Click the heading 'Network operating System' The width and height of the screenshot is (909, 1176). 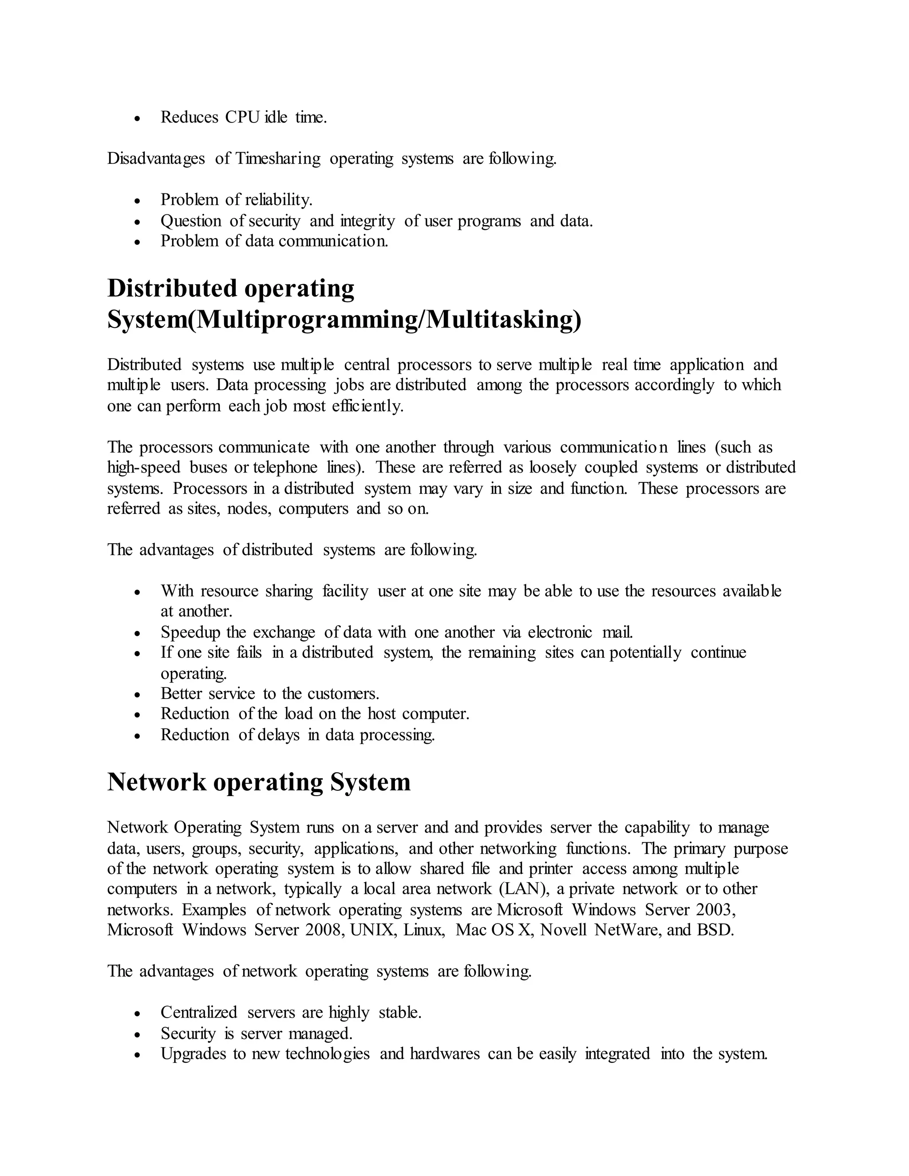258,782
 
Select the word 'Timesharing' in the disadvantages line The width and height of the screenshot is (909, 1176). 278,159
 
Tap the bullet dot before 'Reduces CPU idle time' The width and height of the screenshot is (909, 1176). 138,118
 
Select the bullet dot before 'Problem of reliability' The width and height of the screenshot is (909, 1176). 138,201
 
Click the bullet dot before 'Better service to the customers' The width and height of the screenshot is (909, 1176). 138,695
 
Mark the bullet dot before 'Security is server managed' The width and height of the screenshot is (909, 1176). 138,1035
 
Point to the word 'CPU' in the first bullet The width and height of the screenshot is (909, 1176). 243,118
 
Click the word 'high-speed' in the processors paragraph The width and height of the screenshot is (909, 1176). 144,467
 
